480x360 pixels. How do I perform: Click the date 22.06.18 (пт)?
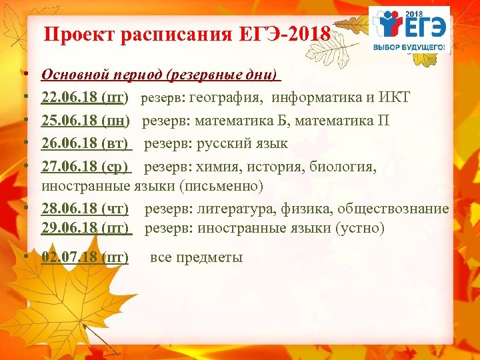(85, 99)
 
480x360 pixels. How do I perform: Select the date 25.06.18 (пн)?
(85, 121)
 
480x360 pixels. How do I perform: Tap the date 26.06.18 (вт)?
(85, 143)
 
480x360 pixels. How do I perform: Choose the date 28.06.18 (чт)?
(85, 209)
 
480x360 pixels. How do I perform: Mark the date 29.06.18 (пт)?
(85, 228)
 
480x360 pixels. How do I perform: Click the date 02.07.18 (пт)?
(85, 257)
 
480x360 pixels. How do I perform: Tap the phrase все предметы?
(196, 257)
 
